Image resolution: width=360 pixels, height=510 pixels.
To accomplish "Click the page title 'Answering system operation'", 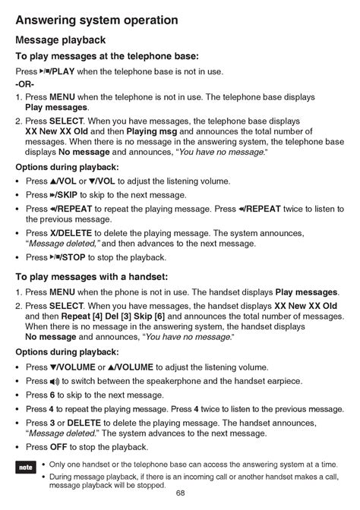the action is click(x=96, y=20).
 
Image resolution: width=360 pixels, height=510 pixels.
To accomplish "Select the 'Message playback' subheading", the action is click(x=60, y=40).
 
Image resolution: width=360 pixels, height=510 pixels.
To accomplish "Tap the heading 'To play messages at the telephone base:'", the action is click(x=107, y=57).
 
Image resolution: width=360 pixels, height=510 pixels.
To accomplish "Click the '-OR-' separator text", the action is click(x=27, y=83).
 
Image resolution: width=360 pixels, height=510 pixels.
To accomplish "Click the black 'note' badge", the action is click(x=25, y=468).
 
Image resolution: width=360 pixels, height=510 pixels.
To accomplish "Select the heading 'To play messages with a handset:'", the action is click(x=91, y=277).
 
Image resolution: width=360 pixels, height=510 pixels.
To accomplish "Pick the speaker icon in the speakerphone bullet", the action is click(x=54, y=381).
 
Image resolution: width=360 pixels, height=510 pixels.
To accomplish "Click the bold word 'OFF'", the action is click(x=60, y=447).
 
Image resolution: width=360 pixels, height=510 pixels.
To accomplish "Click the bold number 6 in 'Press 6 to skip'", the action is click(x=52, y=395).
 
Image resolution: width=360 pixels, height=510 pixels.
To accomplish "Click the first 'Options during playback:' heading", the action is click(x=67, y=167).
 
